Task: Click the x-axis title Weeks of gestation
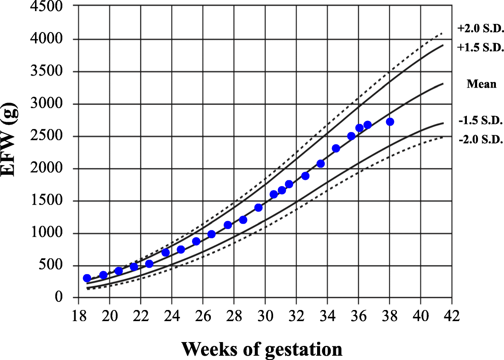click(x=262, y=348)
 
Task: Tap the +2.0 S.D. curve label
click(x=481, y=29)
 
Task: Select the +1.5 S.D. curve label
click(x=481, y=47)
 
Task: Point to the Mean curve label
click(x=481, y=84)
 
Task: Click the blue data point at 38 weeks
click(x=390, y=122)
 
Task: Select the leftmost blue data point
click(x=87, y=278)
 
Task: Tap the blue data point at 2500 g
click(x=351, y=136)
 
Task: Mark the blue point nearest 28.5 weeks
click(x=243, y=220)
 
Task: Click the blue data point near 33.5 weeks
click(x=320, y=164)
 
